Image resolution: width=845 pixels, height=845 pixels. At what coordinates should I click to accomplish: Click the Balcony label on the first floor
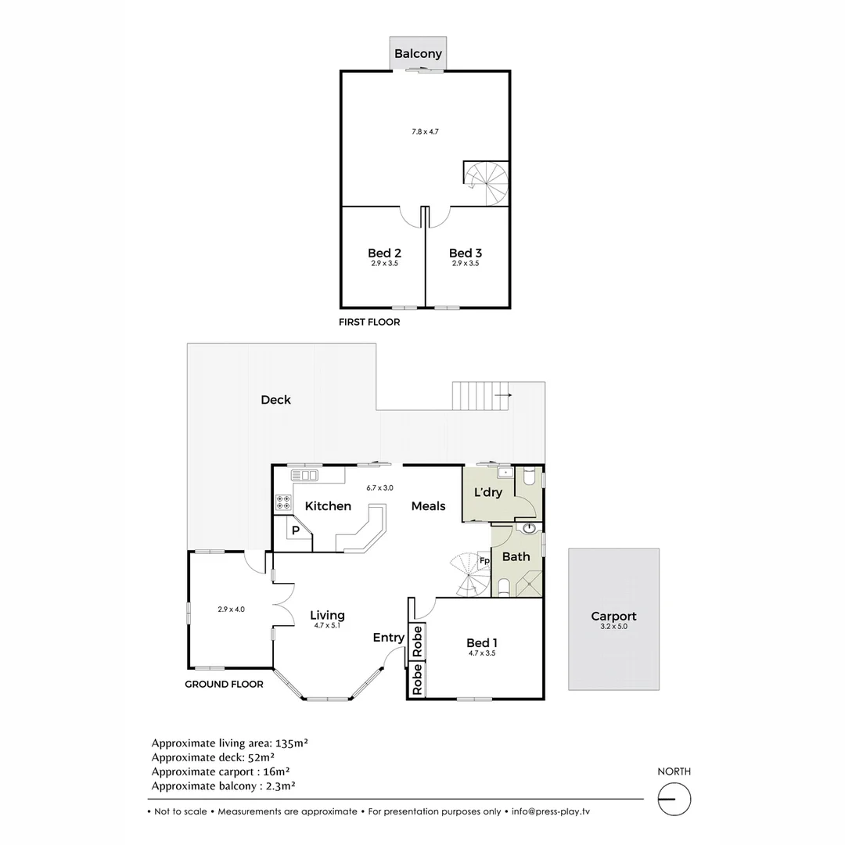click(418, 54)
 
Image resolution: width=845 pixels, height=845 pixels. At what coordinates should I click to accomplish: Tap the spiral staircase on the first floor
click(487, 183)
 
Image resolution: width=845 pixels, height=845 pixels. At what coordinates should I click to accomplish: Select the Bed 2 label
click(384, 253)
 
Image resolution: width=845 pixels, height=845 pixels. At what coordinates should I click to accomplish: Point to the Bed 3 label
click(465, 253)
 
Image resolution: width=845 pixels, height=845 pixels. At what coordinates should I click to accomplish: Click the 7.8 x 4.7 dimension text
click(425, 131)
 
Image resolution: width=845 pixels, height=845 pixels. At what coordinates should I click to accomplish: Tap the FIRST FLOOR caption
click(369, 322)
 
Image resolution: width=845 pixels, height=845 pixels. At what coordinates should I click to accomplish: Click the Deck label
click(275, 400)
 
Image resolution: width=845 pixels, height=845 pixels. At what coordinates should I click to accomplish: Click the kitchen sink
click(304, 475)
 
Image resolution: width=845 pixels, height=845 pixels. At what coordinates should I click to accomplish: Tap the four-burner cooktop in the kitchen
click(282, 502)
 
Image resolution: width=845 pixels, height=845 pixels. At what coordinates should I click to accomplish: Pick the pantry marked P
click(295, 530)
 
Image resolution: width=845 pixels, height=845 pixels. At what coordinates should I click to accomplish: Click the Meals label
click(428, 506)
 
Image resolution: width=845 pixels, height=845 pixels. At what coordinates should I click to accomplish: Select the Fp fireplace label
click(484, 561)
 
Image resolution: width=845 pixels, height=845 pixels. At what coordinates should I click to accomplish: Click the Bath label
click(516, 557)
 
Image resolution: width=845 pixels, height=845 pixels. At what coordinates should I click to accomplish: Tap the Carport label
click(613, 616)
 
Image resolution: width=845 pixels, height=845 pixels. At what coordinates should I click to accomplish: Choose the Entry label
click(388, 638)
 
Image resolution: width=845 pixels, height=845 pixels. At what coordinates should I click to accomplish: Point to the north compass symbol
click(674, 800)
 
